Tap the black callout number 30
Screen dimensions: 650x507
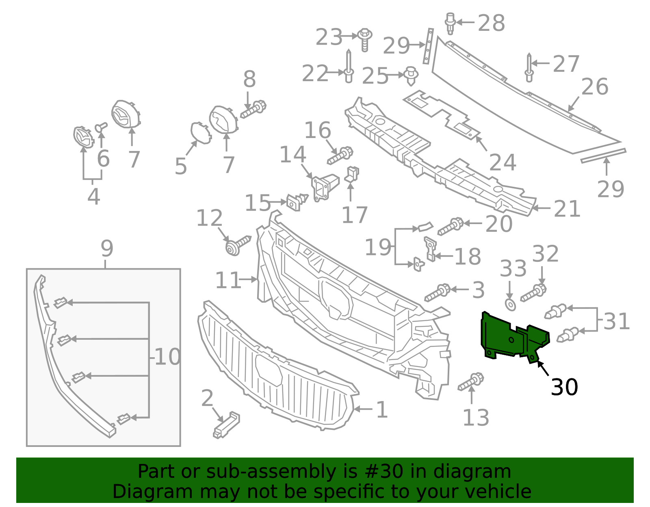(564, 387)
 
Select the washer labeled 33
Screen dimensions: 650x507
(510, 304)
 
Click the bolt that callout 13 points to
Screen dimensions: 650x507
(471, 382)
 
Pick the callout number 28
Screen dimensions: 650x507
(492, 23)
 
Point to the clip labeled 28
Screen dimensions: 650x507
(450, 23)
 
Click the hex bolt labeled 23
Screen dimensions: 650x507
(365, 40)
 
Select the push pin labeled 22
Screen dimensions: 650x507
(349, 66)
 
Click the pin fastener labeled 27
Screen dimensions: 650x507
(529, 68)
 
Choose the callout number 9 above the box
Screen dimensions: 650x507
(107, 248)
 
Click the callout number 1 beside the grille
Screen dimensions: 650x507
(382, 410)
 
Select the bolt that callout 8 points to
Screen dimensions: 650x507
(253, 109)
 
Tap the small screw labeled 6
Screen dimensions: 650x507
(101, 127)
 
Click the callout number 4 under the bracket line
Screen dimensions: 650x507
(93, 196)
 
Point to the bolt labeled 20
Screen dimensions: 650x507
(451, 227)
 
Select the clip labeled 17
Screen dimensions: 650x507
(352, 175)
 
